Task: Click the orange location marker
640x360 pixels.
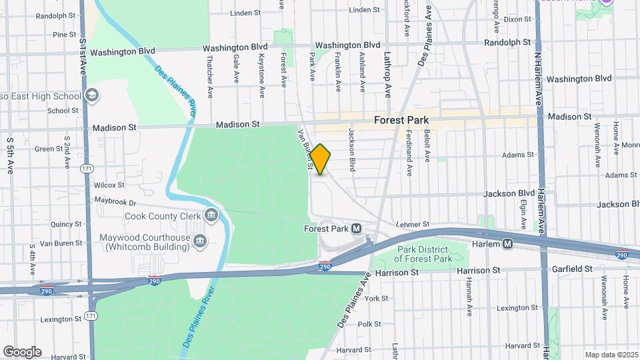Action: (321, 159)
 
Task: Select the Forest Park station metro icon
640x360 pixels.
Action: (357, 229)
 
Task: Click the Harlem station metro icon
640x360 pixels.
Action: (508, 244)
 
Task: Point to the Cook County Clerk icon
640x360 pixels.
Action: (211, 215)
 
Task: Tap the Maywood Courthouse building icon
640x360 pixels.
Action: (200, 240)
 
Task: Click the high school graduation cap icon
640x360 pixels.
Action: (92, 95)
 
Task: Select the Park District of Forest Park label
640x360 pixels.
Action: (423, 254)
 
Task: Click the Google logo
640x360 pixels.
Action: (22, 352)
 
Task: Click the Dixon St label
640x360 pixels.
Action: (517, 19)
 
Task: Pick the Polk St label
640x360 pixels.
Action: (369, 324)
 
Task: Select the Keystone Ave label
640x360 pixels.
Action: (261, 68)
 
